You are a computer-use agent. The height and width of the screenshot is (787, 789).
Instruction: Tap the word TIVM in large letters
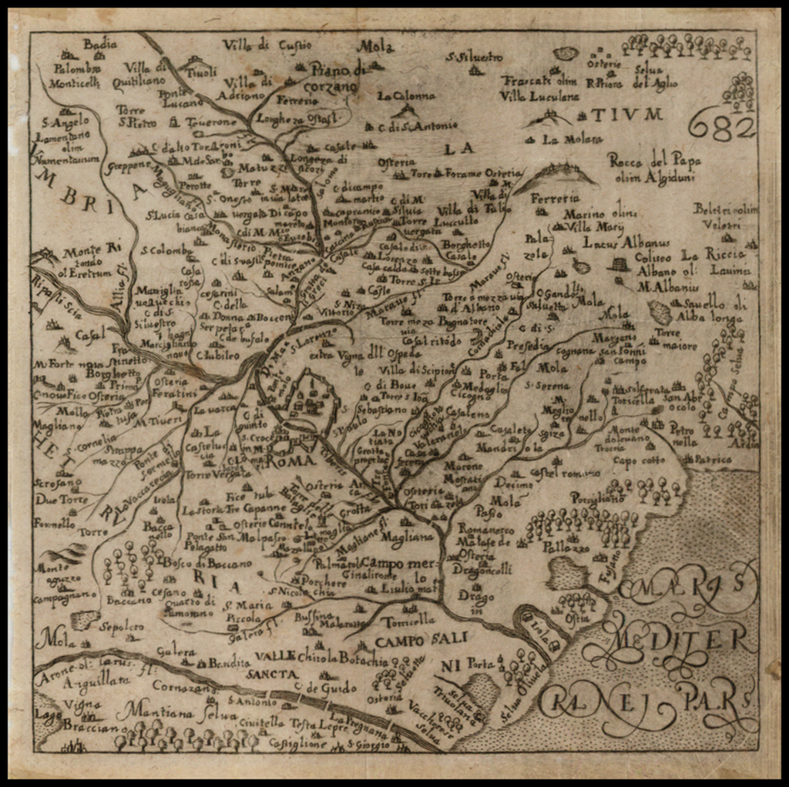pyautogui.click(x=626, y=115)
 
